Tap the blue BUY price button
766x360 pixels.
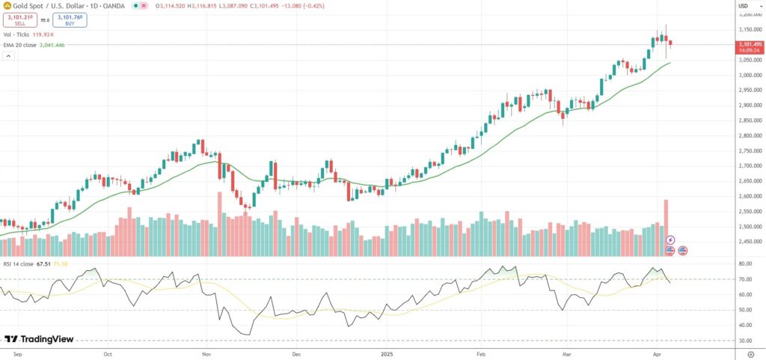point(69,20)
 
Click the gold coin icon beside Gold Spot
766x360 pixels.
point(7,6)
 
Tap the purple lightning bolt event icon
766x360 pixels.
point(670,239)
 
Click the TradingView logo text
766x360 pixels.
point(45,339)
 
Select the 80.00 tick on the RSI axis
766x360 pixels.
point(745,264)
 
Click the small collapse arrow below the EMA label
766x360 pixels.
point(7,55)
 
